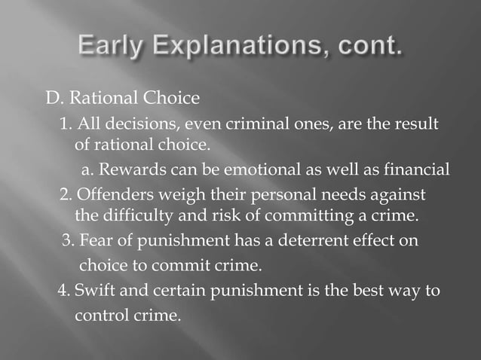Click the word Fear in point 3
coord(94,243)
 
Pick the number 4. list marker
coord(63,290)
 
